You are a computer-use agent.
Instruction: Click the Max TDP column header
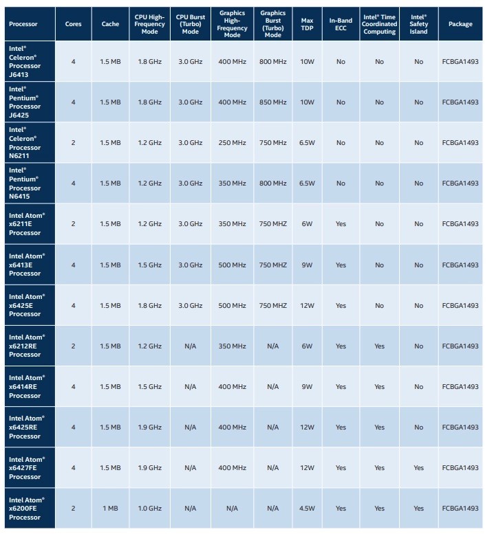(x=307, y=24)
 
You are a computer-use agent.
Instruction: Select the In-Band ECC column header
(x=341, y=24)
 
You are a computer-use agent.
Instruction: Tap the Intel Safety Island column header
(x=418, y=24)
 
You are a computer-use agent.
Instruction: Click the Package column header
(x=460, y=24)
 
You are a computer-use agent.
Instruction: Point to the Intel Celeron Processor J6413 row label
(x=25, y=62)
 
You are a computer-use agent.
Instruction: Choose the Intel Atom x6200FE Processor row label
(x=27, y=509)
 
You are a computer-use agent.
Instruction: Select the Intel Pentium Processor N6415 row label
(x=25, y=183)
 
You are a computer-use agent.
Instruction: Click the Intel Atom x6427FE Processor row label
(x=27, y=468)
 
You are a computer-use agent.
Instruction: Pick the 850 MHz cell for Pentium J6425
(x=272, y=102)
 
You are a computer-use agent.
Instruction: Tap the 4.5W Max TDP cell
(x=307, y=509)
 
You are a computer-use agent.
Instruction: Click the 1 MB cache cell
(x=110, y=509)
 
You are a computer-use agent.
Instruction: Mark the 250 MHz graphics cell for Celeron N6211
(x=232, y=143)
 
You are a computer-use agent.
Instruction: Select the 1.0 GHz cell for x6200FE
(x=150, y=509)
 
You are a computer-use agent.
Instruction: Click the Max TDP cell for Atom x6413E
(x=307, y=265)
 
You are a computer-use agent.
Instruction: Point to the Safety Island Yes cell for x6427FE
(x=418, y=468)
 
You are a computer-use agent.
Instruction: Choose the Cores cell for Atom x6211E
(x=74, y=224)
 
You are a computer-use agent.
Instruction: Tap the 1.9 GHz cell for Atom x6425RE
(x=150, y=427)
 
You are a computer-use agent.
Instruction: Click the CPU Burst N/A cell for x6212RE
(x=190, y=346)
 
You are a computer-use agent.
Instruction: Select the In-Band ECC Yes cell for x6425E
(x=341, y=305)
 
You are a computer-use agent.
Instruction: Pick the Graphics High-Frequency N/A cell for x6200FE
(x=232, y=509)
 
